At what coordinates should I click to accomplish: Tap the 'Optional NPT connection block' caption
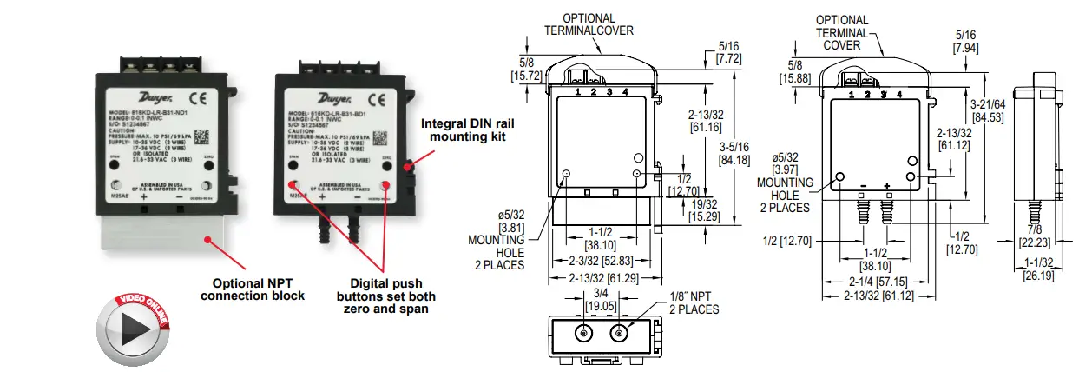(252, 289)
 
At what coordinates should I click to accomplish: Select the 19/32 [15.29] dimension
(702, 209)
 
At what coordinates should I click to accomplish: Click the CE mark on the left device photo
(197, 98)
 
